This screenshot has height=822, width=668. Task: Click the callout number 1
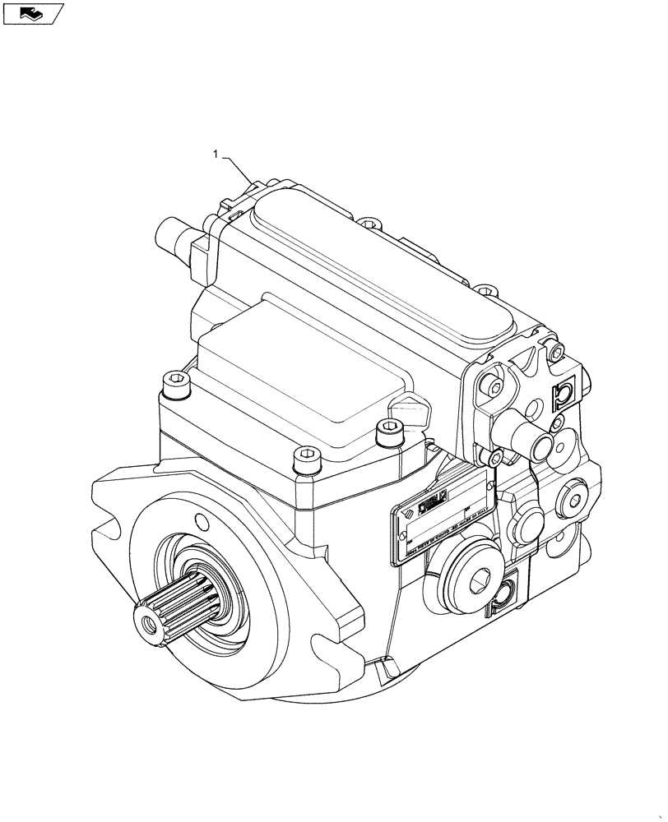pos(216,153)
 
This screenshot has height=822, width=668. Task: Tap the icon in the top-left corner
pos(33,13)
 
